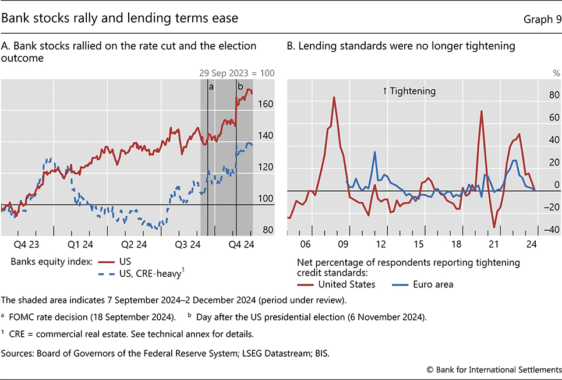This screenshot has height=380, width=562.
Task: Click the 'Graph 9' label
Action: [x=543, y=19]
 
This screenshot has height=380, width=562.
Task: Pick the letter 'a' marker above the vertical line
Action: [x=211, y=85]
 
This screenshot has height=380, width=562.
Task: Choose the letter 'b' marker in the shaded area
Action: [x=239, y=85]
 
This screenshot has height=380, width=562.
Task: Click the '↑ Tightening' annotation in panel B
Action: [x=409, y=91]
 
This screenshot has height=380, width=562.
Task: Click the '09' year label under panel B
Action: [x=342, y=244]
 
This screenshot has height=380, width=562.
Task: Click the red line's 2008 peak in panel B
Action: [x=334, y=97]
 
